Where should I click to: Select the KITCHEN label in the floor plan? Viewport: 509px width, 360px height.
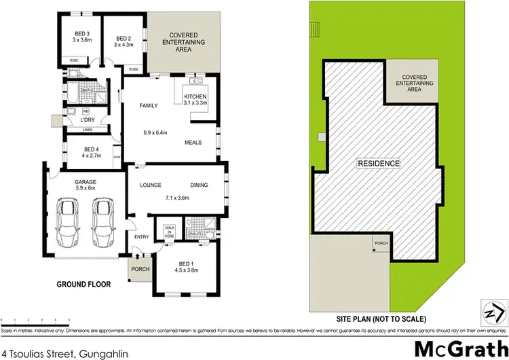click(195, 98)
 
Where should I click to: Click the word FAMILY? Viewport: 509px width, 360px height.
click(149, 107)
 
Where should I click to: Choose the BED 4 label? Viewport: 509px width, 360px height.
click(91, 152)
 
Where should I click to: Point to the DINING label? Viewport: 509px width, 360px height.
click(200, 185)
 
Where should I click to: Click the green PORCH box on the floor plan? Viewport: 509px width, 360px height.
click(140, 268)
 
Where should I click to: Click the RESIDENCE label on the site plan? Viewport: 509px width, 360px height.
click(379, 164)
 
